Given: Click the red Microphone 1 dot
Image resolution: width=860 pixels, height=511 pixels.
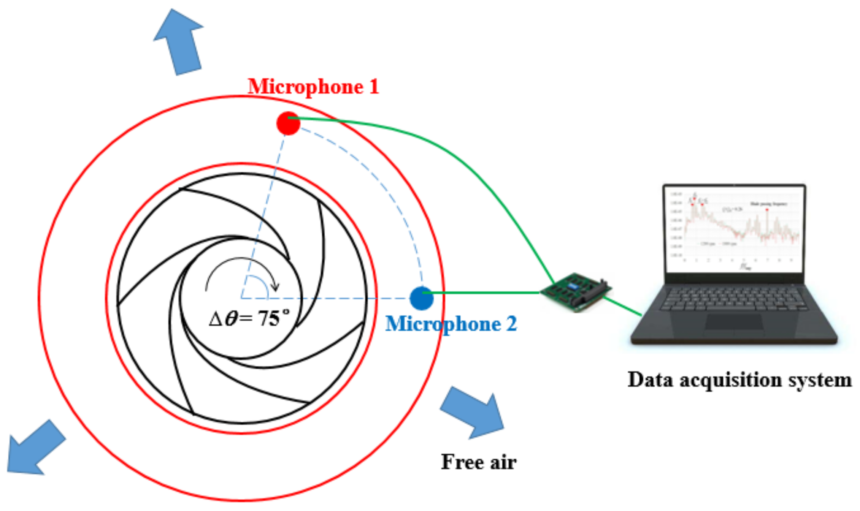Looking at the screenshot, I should point(288,123).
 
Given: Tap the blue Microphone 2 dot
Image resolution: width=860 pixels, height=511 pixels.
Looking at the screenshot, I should point(421,298).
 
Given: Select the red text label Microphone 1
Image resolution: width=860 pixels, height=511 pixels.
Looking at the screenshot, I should point(313,87).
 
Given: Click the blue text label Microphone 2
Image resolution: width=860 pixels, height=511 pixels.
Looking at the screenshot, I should point(451,324).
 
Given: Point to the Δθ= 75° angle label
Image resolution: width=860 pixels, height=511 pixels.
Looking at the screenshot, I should point(249,318).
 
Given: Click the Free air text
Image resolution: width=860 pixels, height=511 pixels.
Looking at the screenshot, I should point(478,462).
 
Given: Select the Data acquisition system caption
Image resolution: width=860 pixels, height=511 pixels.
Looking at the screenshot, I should point(739,380).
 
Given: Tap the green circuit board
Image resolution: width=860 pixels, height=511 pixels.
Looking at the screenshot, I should point(576,292).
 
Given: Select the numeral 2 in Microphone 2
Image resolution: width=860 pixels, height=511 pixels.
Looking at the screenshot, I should point(511,324).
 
